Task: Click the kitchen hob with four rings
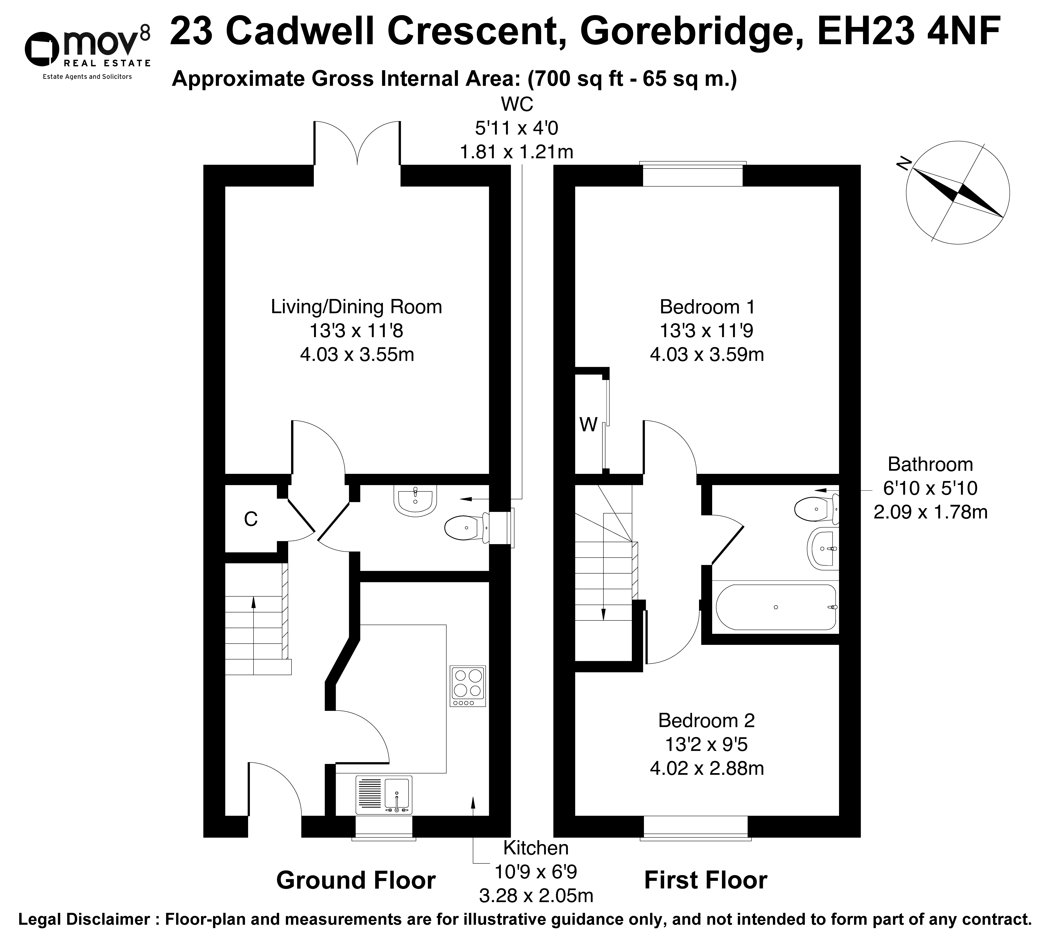(468, 686)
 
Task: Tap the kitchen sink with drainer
(384, 795)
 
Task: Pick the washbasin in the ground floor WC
(415, 500)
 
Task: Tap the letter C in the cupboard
(251, 519)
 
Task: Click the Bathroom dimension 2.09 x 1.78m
(930, 512)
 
